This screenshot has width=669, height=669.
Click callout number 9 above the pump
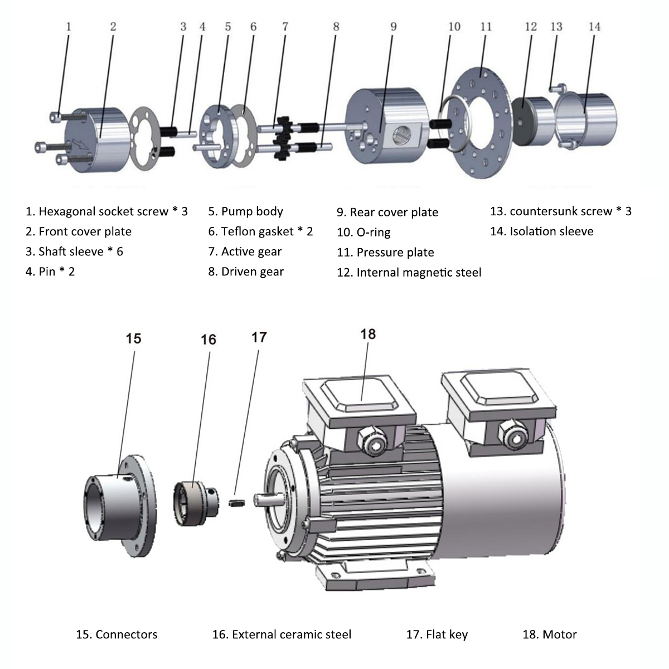pyautogui.click(x=394, y=26)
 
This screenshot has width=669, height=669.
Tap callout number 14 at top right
pyautogui.click(x=594, y=26)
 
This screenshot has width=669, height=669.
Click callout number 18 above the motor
pyautogui.click(x=368, y=334)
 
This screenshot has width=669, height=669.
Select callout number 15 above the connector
pyautogui.click(x=133, y=338)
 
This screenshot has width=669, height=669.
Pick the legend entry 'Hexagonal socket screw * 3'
pyautogui.click(x=106, y=211)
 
